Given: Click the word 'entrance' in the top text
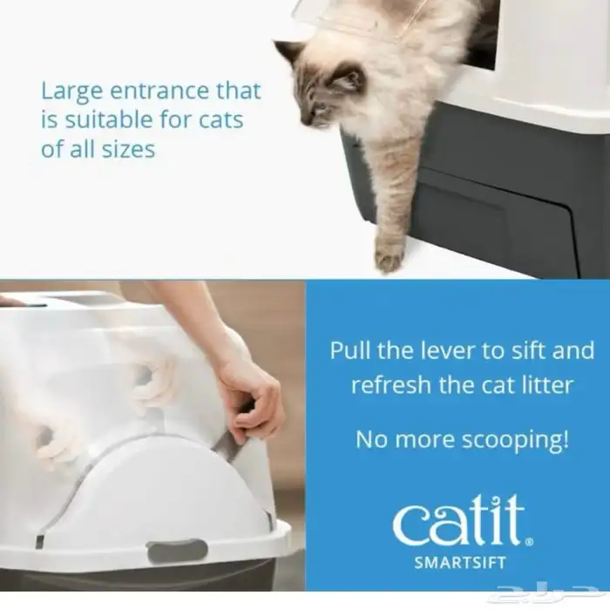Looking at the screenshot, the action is tap(159, 91).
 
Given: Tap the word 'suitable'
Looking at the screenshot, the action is tap(109, 119).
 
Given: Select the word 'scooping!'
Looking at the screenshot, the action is tap(515, 440).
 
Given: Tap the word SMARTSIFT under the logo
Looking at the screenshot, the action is tap(460, 563).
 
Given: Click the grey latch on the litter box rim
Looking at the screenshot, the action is tap(177, 552).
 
